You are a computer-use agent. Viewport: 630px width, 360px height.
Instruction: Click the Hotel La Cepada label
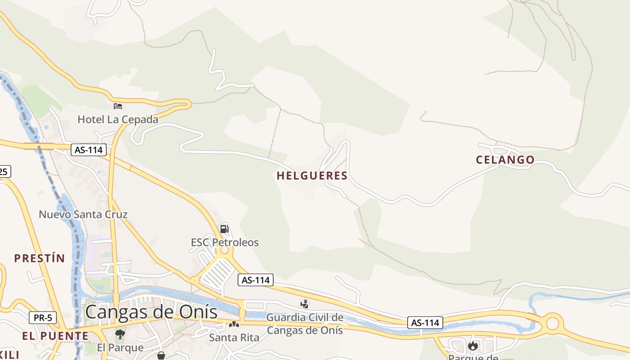[118, 119]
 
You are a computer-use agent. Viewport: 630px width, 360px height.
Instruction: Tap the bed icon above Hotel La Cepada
[118, 106]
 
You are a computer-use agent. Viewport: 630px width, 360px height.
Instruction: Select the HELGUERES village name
[312, 176]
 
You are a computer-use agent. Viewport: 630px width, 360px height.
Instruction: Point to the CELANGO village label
[505, 160]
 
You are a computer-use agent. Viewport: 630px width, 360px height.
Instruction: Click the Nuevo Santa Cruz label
[83, 214]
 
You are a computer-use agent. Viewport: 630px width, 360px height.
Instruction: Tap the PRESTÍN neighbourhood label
[40, 258]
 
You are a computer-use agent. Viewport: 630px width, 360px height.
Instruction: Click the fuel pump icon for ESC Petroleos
[224, 229]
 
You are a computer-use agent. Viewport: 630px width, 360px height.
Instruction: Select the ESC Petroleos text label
[225, 243]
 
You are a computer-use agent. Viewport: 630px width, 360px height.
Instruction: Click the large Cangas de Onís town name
[151, 312]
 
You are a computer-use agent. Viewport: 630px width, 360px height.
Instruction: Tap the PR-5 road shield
[43, 318]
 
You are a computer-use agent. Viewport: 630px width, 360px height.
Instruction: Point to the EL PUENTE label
[55, 336]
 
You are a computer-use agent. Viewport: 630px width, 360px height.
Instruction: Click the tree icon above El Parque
[120, 334]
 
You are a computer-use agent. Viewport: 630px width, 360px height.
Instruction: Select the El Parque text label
[120, 348]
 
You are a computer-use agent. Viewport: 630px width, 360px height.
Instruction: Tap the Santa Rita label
[234, 337]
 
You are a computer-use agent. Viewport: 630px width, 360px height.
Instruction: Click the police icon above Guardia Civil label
[305, 304]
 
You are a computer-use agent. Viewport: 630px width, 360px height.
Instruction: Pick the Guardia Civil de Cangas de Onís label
[305, 324]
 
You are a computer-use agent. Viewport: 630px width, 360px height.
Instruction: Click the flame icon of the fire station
[472, 346]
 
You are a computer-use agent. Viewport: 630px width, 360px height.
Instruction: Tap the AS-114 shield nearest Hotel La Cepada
[88, 150]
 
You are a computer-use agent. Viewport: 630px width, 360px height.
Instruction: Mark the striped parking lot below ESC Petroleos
[217, 273]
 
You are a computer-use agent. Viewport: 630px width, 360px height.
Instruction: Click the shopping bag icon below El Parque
[161, 356]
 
